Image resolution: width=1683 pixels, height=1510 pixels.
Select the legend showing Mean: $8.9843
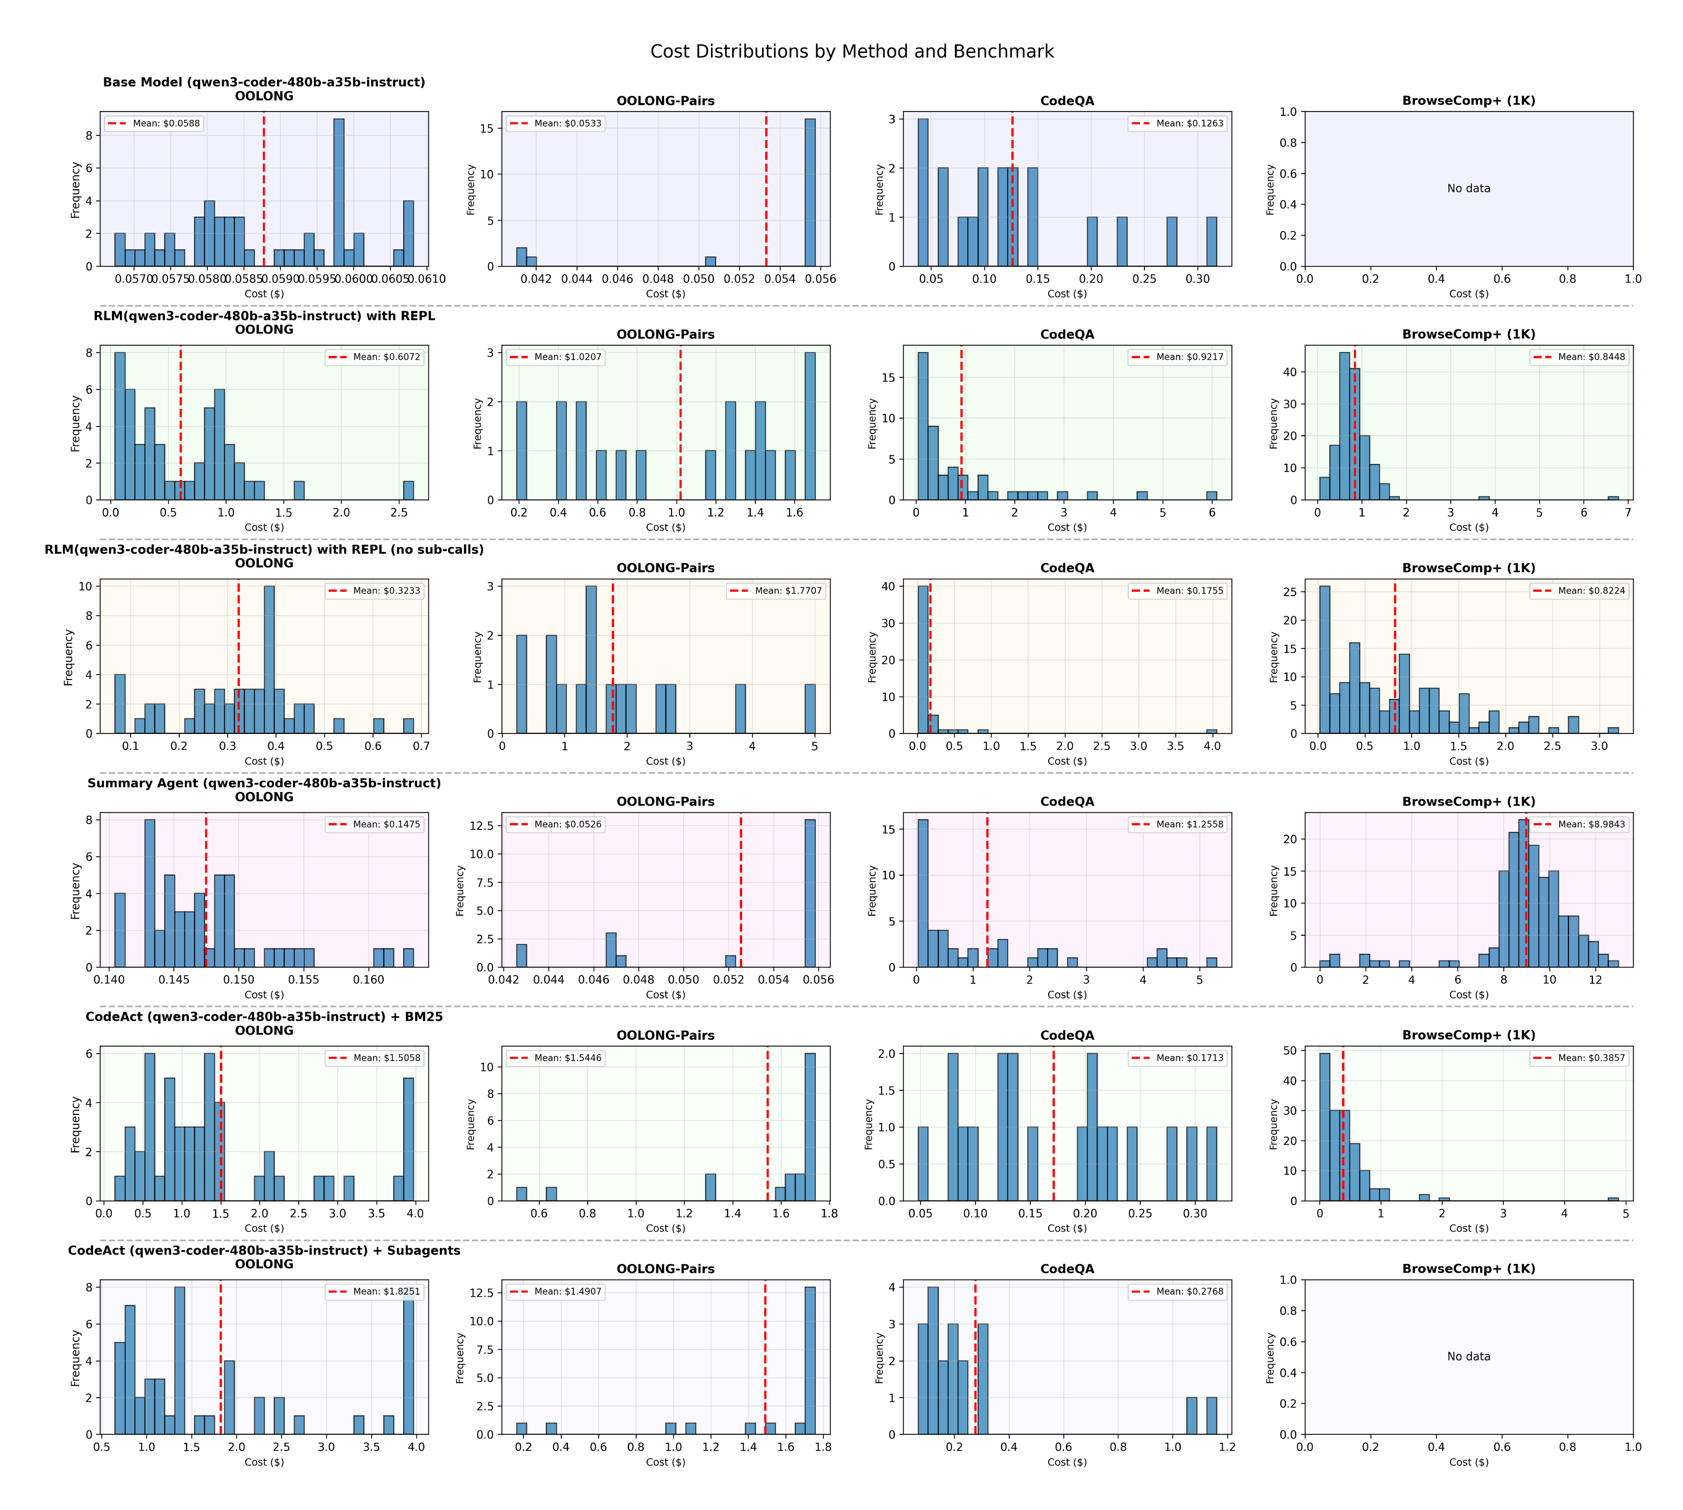click(1579, 824)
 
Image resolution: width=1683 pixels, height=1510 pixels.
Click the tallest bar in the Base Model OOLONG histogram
click(339, 191)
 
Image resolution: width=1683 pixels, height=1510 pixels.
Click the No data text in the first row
click(1468, 188)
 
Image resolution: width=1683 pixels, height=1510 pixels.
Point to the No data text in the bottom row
click(1468, 1356)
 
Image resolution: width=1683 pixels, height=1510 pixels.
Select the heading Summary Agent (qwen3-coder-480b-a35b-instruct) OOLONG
click(264, 790)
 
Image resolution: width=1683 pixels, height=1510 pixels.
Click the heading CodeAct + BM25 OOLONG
click(264, 1023)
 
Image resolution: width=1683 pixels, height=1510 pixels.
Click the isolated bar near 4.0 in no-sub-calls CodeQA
click(1212, 731)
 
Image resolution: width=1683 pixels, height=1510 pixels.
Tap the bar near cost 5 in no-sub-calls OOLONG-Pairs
click(810, 710)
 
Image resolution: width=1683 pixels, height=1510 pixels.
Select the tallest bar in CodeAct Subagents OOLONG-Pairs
click(810, 1361)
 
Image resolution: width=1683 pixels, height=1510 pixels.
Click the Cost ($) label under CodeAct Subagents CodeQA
click(1067, 1462)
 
